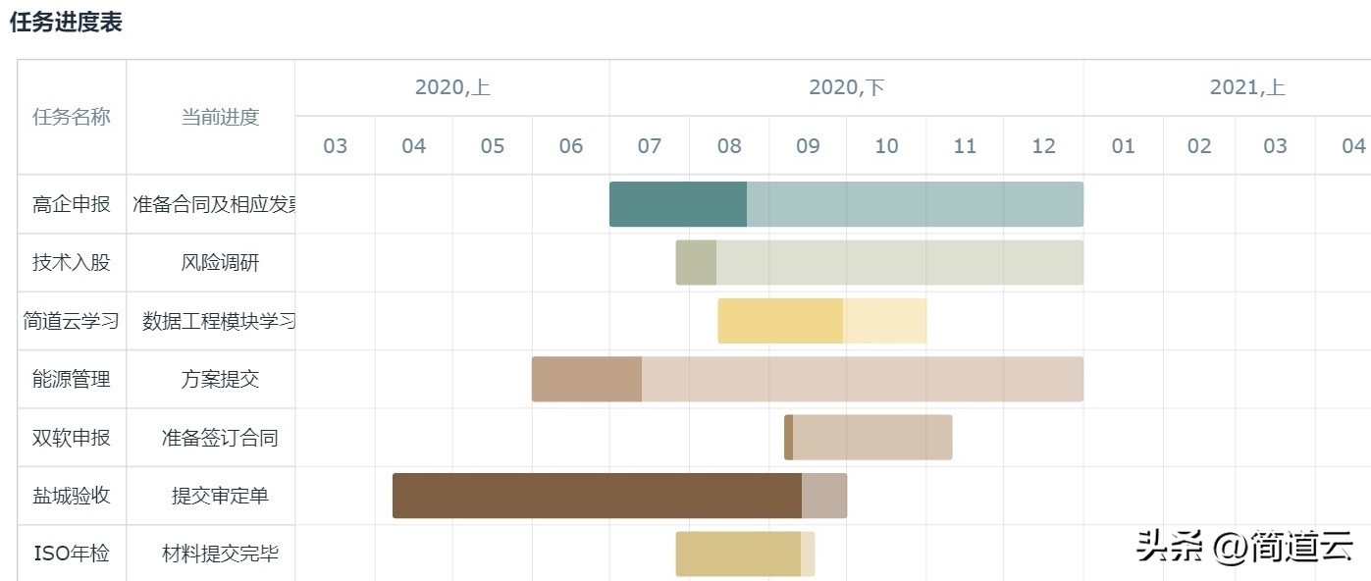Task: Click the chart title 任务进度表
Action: point(66,24)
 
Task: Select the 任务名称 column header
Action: point(72,118)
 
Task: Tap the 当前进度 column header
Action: point(220,118)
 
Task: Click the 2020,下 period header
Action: point(846,88)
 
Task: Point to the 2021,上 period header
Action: point(1246,88)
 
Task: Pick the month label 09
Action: point(808,146)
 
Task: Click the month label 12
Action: point(1043,146)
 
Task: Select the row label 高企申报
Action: point(72,205)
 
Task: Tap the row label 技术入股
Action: point(72,263)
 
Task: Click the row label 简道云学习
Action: point(72,321)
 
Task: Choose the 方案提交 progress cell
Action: point(220,380)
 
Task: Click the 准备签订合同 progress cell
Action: point(220,438)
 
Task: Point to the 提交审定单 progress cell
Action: point(220,496)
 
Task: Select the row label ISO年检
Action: point(72,555)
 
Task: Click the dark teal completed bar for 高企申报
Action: point(678,204)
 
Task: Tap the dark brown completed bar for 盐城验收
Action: point(597,496)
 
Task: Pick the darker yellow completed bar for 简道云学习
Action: point(780,321)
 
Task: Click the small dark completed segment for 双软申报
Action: point(789,438)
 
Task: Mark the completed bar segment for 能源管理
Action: point(587,379)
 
